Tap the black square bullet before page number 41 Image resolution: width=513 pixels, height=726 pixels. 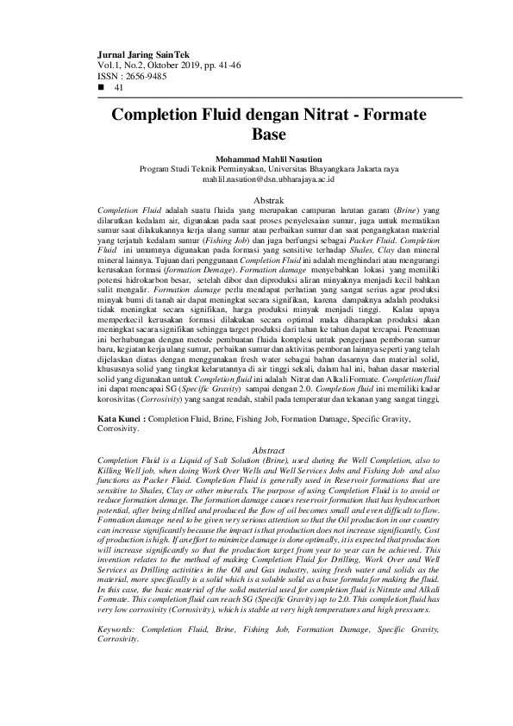click(103, 87)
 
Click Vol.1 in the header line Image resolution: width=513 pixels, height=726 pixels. click(108, 65)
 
